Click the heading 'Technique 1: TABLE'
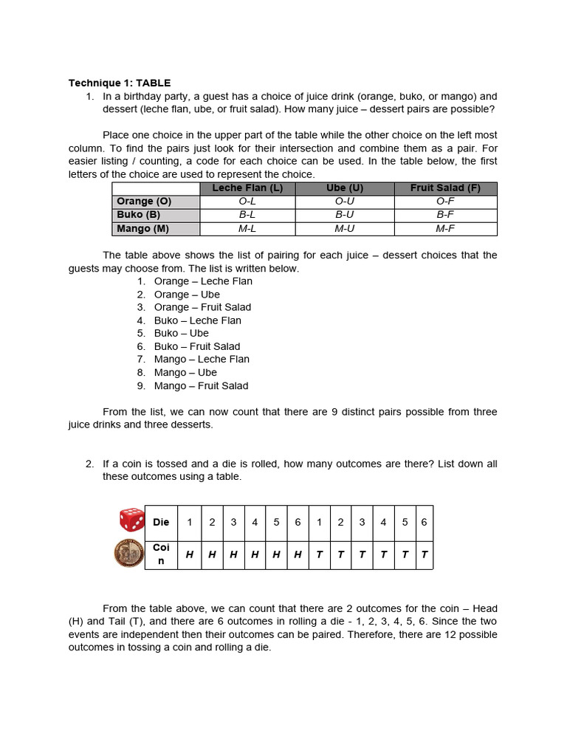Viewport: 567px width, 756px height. [120, 83]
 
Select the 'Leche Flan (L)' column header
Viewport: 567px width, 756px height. [247, 188]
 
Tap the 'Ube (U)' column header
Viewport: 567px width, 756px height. [345, 188]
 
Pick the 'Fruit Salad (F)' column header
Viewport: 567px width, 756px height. [445, 188]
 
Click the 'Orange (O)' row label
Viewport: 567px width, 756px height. [144, 202]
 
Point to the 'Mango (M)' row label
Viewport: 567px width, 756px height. [143, 229]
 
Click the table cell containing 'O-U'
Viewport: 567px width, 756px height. [345, 202]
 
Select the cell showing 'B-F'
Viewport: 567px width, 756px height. [445, 215]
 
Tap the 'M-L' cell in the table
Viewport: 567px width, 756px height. [247, 229]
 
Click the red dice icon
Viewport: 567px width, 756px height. [131, 520]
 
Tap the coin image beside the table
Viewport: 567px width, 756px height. [128, 554]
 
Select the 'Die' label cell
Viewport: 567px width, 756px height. [161, 523]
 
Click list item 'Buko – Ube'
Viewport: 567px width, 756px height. [181, 333]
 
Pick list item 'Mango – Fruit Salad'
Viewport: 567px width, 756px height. [201, 385]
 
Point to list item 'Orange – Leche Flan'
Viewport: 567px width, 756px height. [203, 281]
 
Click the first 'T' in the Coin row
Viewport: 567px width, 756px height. [319, 554]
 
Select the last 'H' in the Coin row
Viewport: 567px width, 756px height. [298, 554]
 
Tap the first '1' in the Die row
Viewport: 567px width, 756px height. [190, 523]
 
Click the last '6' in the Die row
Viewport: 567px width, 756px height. [425, 523]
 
